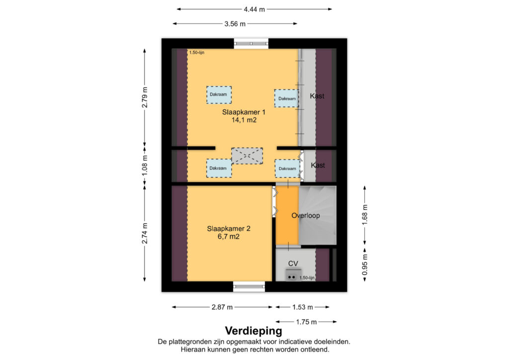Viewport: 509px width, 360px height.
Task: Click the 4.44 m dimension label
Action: pyautogui.click(x=254, y=9)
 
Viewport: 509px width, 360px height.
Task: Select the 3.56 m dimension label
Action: pyautogui.click(x=235, y=24)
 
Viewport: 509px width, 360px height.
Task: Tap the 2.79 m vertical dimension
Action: pyautogui.click(x=145, y=97)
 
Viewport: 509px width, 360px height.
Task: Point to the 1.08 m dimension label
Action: pyautogui.click(x=145, y=165)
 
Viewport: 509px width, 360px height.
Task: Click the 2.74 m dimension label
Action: pyautogui.click(x=145, y=233)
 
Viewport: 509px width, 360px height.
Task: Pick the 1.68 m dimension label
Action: pyautogui.click(x=365, y=215)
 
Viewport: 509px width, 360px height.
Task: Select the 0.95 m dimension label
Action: pyautogui.click(x=365, y=264)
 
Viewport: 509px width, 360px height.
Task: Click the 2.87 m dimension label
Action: pyautogui.click(x=222, y=307)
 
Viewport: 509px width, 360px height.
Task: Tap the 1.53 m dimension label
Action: pyautogui.click(x=303, y=307)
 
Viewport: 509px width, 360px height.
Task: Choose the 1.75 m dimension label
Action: pyautogui.click(x=306, y=322)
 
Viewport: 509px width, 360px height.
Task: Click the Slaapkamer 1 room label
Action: pyautogui.click(x=244, y=112)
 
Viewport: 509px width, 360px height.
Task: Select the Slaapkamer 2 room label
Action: pyautogui.click(x=229, y=229)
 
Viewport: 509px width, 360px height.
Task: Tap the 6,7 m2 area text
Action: pyautogui.click(x=229, y=237)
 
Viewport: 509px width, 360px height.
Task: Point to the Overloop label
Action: pyautogui.click(x=306, y=215)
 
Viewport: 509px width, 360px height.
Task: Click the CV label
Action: pyautogui.click(x=293, y=264)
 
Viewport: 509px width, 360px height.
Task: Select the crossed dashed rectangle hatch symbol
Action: pyautogui.click(x=247, y=156)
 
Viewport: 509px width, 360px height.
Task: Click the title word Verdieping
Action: pyautogui.click(x=254, y=331)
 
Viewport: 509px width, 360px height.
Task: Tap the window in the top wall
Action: pyautogui.click(x=251, y=43)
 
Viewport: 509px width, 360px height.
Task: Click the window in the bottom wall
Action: pyautogui.click(x=250, y=286)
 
